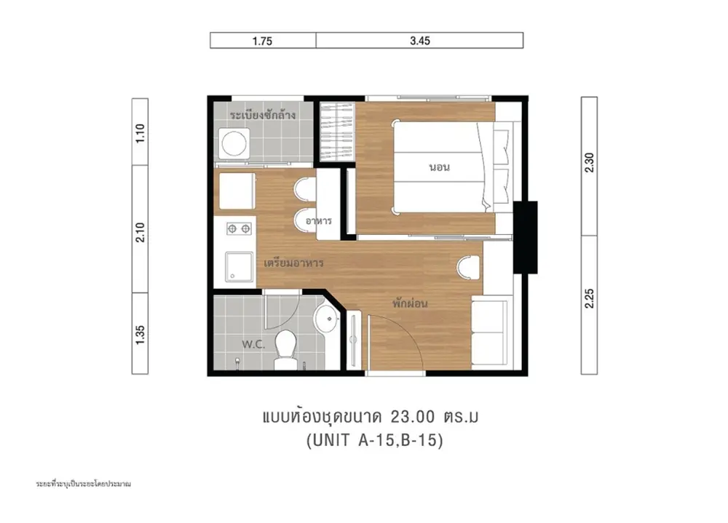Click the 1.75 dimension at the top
point(262,41)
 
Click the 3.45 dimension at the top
point(420,41)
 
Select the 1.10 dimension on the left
point(141,133)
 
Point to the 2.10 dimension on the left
point(141,232)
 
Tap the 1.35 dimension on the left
point(141,335)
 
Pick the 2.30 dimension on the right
point(589,162)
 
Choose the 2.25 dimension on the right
point(589,298)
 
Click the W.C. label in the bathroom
point(253,344)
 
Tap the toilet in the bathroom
point(285,350)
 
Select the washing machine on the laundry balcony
point(234,143)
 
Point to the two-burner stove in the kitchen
point(239,228)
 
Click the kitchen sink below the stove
point(239,267)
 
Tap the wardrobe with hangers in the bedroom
point(337,132)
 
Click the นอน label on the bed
point(439,167)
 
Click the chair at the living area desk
point(468,268)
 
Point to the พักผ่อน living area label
point(409,303)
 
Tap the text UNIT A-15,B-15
point(375,440)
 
